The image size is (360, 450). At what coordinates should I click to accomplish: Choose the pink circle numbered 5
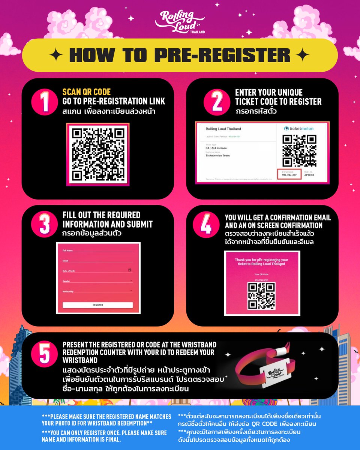click(x=45, y=353)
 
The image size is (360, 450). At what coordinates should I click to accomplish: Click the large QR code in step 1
click(x=98, y=154)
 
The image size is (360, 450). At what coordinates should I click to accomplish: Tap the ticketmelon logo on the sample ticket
click(x=298, y=129)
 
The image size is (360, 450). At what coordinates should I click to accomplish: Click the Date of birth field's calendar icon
click(x=130, y=270)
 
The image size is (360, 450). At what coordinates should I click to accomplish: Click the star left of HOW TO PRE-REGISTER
click(x=57, y=55)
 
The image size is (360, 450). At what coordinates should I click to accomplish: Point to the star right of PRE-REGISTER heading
click(x=303, y=55)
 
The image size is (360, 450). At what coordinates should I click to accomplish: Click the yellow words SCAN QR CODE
click(x=87, y=92)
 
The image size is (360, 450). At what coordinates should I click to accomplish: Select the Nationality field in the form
click(x=97, y=291)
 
